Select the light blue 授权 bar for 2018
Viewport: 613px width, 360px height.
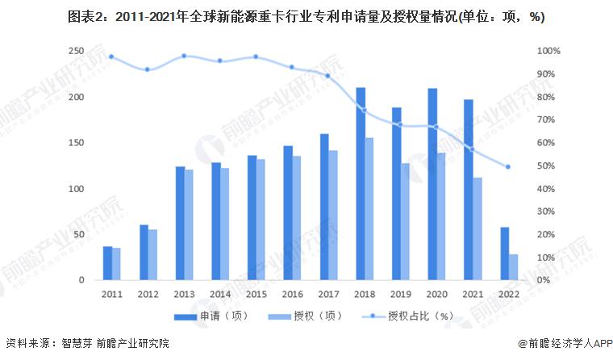pyautogui.click(x=369, y=209)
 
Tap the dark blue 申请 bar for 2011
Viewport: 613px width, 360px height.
pyautogui.click(x=107, y=263)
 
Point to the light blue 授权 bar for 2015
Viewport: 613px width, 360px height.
pyautogui.click(x=261, y=220)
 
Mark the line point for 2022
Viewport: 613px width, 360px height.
pyautogui.click(x=508, y=167)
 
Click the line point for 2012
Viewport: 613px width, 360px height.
pyautogui.click(x=147, y=69)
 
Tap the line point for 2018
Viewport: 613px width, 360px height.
pyautogui.click(x=365, y=111)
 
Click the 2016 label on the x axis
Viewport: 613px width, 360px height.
pyautogui.click(x=292, y=294)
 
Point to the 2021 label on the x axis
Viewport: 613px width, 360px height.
pyautogui.click(x=473, y=294)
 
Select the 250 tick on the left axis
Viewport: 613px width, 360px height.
pyautogui.click(x=76, y=51)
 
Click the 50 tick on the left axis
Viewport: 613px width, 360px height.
pyautogui.click(x=78, y=234)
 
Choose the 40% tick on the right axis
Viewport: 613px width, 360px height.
pyautogui.click(x=546, y=189)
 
